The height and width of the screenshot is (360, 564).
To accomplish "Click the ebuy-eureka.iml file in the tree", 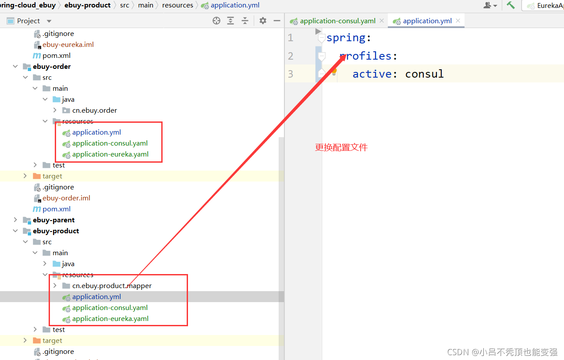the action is coord(68,45).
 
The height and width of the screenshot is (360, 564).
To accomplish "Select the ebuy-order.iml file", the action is coord(66,198).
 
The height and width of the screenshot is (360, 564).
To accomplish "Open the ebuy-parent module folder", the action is coord(53,220).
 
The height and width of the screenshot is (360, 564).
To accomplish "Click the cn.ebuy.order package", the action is coord(94,110).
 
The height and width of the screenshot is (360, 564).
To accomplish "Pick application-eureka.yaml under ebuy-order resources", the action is coord(110,154).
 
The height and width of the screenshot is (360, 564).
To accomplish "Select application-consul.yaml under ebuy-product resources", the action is coord(110,307).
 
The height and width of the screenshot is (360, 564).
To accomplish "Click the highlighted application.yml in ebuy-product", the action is coord(96,297).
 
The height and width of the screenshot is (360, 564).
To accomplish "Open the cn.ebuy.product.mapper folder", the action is coord(112,286).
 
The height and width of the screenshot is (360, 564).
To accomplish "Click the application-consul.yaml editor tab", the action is coord(337,21).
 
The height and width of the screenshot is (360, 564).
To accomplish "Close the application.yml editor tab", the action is coord(458,21).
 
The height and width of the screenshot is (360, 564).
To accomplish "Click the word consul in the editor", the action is coord(424,74).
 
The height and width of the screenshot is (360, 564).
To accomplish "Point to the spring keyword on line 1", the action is coord(346,38).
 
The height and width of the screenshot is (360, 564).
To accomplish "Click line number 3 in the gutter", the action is coord(291,74).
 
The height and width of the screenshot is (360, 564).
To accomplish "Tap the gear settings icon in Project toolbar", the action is coord(263,21).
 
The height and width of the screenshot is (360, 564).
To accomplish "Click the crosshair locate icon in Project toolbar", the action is coord(216,21).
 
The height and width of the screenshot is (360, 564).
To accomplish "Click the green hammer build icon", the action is coord(511,5).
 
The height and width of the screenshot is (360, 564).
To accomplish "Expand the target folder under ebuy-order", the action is coord(25,176).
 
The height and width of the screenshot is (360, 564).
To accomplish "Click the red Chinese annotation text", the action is coord(341,147).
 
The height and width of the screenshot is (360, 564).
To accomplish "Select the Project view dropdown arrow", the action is coord(49,21).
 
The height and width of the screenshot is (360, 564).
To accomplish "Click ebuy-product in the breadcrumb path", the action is coord(87,5).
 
